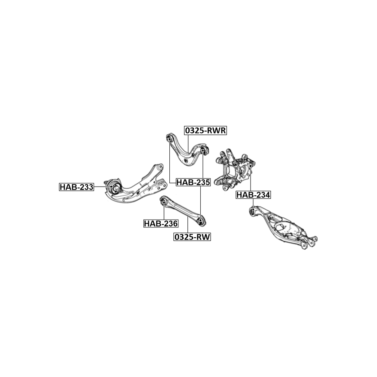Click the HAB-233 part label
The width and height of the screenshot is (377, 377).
[x=77, y=187]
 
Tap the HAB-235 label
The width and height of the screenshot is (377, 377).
[x=193, y=183]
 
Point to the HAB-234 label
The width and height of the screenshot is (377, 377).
[x=253, y=195]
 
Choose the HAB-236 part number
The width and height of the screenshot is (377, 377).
[x=160, y=224]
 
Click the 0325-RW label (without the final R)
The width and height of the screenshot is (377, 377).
[x=192, y=237]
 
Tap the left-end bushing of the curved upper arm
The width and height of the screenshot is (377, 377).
[x=169, y=138]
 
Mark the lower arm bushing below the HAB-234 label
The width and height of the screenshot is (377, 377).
[x=253, y=212]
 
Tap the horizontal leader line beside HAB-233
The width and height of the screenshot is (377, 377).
[x=103, y=187]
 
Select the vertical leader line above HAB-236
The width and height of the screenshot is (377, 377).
[x=164, y=212]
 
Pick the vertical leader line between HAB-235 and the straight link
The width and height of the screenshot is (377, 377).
[x=201, y=202]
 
